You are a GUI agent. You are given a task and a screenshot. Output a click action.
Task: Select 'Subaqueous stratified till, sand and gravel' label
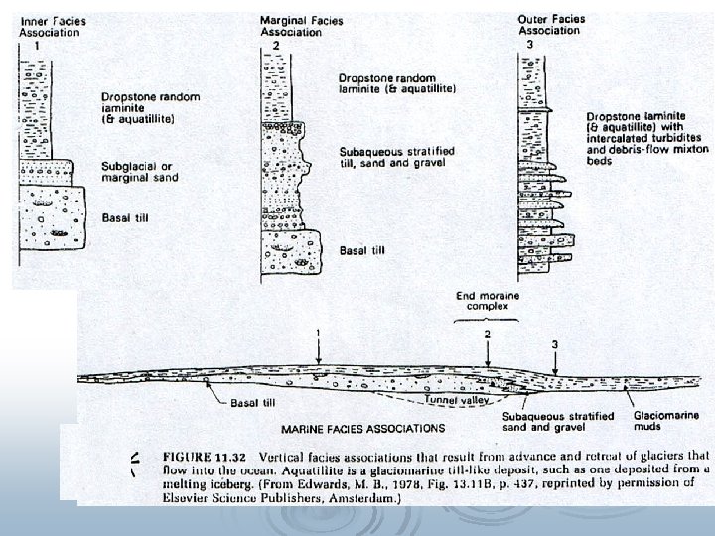click(x=388, y=156)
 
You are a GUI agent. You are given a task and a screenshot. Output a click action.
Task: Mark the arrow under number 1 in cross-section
click(x=318, y=351)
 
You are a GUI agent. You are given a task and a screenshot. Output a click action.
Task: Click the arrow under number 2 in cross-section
click(x=488, y=356)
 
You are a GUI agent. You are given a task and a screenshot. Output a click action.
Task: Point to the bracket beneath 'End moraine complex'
click(x=484, y=321)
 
